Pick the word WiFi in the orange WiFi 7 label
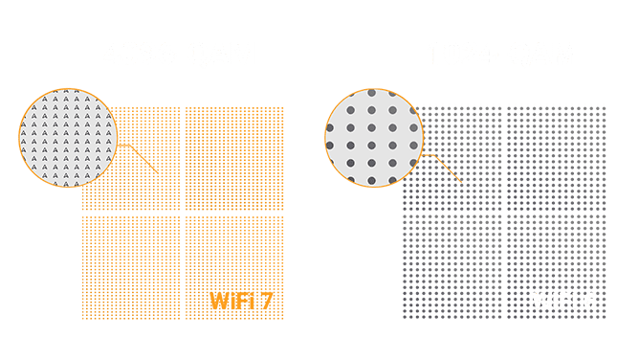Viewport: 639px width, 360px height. [x=231, y=303]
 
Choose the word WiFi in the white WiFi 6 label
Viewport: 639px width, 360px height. [x=553, y=303]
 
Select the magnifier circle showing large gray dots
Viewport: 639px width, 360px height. [x=372, y=138]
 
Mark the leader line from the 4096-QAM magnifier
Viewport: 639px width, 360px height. [x=140, y=159]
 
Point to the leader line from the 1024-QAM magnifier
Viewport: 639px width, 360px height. [x=446, y=169]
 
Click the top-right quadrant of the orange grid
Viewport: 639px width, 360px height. [x=233, y=157]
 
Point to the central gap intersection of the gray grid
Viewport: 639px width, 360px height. [x=503, y=213]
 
